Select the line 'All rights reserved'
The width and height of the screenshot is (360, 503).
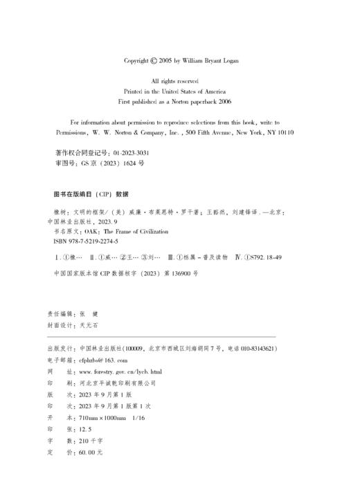(x=180, y=82)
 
